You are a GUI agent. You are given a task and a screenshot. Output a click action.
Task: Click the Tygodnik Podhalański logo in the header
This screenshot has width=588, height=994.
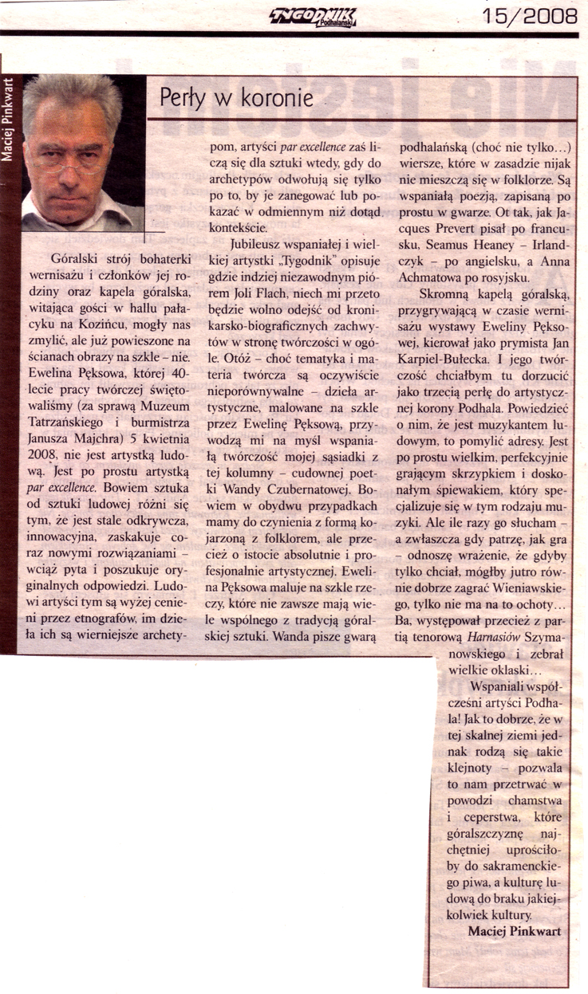[314, 15]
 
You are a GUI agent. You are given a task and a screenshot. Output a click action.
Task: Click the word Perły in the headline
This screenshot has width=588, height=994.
[182, 99]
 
